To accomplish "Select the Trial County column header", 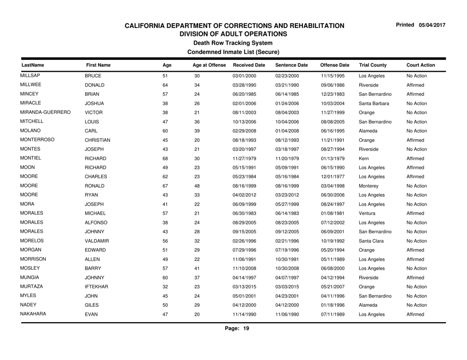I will coord(373,64).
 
